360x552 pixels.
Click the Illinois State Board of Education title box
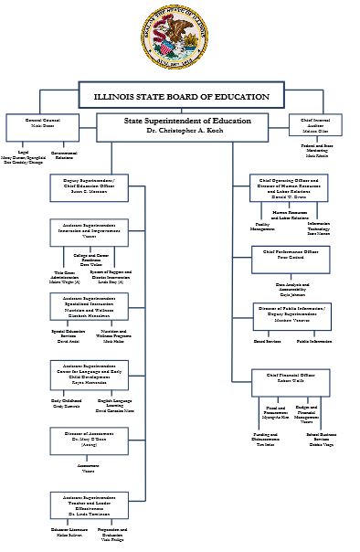click(180, 96)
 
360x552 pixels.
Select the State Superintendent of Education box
click(180, 125)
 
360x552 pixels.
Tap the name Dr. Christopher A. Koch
click(180, 132)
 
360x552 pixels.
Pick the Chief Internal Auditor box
click(319, 123)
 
